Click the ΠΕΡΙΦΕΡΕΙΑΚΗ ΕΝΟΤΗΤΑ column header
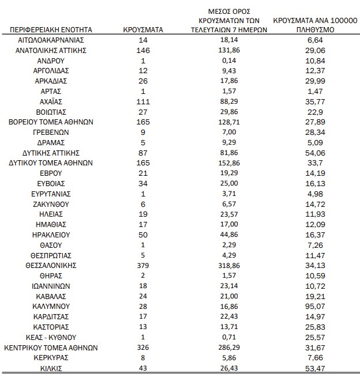pyautogui.click(x=51, y=29)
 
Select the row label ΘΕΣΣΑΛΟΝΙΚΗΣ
pyautogui.click(x=51, y=266)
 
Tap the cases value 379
pyautogui.click(x=144, y=266)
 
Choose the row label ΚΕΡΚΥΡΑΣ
pyautogui.click(x=51, y=358)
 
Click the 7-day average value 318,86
pyautogui.click(x=230, y=266)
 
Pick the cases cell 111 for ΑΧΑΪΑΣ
pyautogui.click(x=144, y=101)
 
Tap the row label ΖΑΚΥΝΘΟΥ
pyautogui.click(x=51, y=204)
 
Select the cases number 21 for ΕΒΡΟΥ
pyautogui.click(x=144, y=173)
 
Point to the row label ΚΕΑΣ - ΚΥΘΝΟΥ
pyautogui.click(x=51, y=337)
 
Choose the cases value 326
pyautogui.click(x=144, y=347)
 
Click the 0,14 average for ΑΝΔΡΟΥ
pyautogui.click(x=230, y=61)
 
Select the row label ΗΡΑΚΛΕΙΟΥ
pyautogui.click(x=51, y=235)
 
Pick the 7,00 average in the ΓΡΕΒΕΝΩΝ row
pyautogui.click(x=230, y=132)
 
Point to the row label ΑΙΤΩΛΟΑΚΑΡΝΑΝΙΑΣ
pyautogui.click(x=51, y=40)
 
